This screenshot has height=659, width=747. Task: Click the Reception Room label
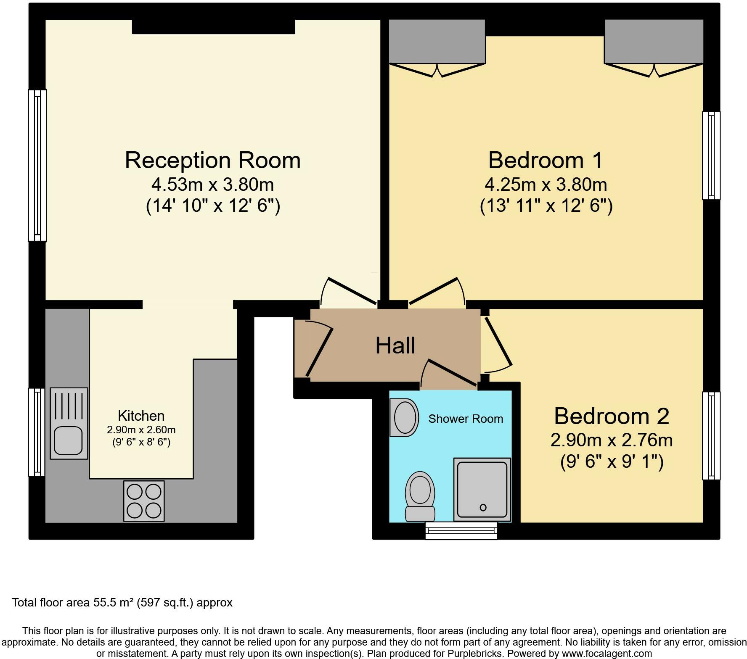pos(213,160)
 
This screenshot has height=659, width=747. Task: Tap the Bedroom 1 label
pos(546,160)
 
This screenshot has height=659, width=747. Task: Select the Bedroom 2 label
pos(612,416)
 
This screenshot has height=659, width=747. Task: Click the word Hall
pos(395,345)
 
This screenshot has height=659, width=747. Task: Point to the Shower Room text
pos(466,419)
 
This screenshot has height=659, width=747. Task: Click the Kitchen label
pos(141,416)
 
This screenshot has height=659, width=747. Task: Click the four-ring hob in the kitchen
pos(144,501)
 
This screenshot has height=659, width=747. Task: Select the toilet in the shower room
pos(420,496)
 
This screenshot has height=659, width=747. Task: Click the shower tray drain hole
pos(483,507)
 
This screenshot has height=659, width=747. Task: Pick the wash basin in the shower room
pos(404,417)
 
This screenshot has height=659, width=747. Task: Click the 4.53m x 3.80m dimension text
pos(213,185)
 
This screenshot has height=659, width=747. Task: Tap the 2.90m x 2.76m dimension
pos(612,440)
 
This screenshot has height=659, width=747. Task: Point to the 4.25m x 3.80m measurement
pos(546,185)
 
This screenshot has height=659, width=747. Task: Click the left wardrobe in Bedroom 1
pos(437,42)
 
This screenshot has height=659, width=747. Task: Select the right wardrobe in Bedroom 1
pos(654,42)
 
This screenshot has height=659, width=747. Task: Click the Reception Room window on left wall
pos(37,166)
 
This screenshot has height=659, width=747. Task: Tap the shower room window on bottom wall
pos(461,531)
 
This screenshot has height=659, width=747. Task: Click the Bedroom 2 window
pos(711,436)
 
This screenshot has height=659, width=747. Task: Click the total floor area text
pos(122,603)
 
